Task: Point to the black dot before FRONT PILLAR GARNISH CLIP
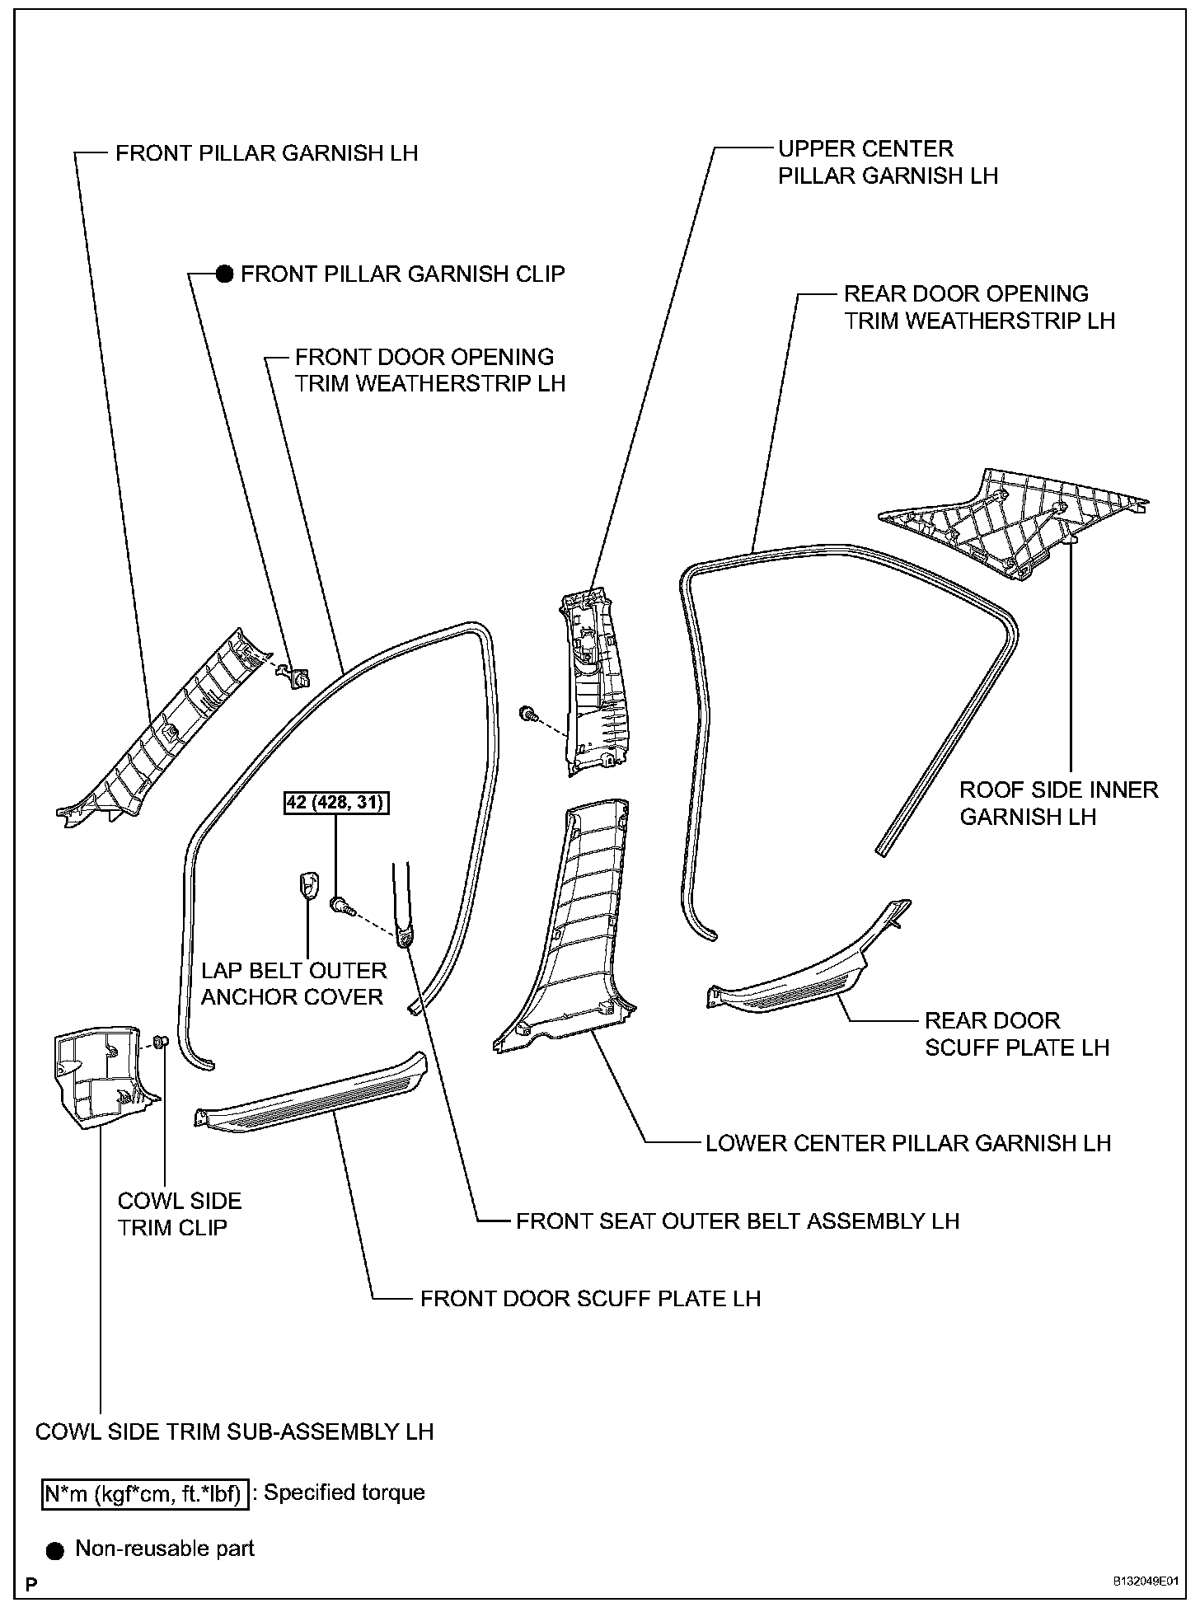tap(223, 274)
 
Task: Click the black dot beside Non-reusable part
tap(55, 1550)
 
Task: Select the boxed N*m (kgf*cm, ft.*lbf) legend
tap(145, 1493)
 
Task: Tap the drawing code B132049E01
tap(1146, 1582)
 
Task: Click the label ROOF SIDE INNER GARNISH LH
tap(1058, 803)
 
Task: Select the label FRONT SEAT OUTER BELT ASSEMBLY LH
tap(738, 1221)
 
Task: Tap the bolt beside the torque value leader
tap(341, 906)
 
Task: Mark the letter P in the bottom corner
tap(31, 1583)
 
